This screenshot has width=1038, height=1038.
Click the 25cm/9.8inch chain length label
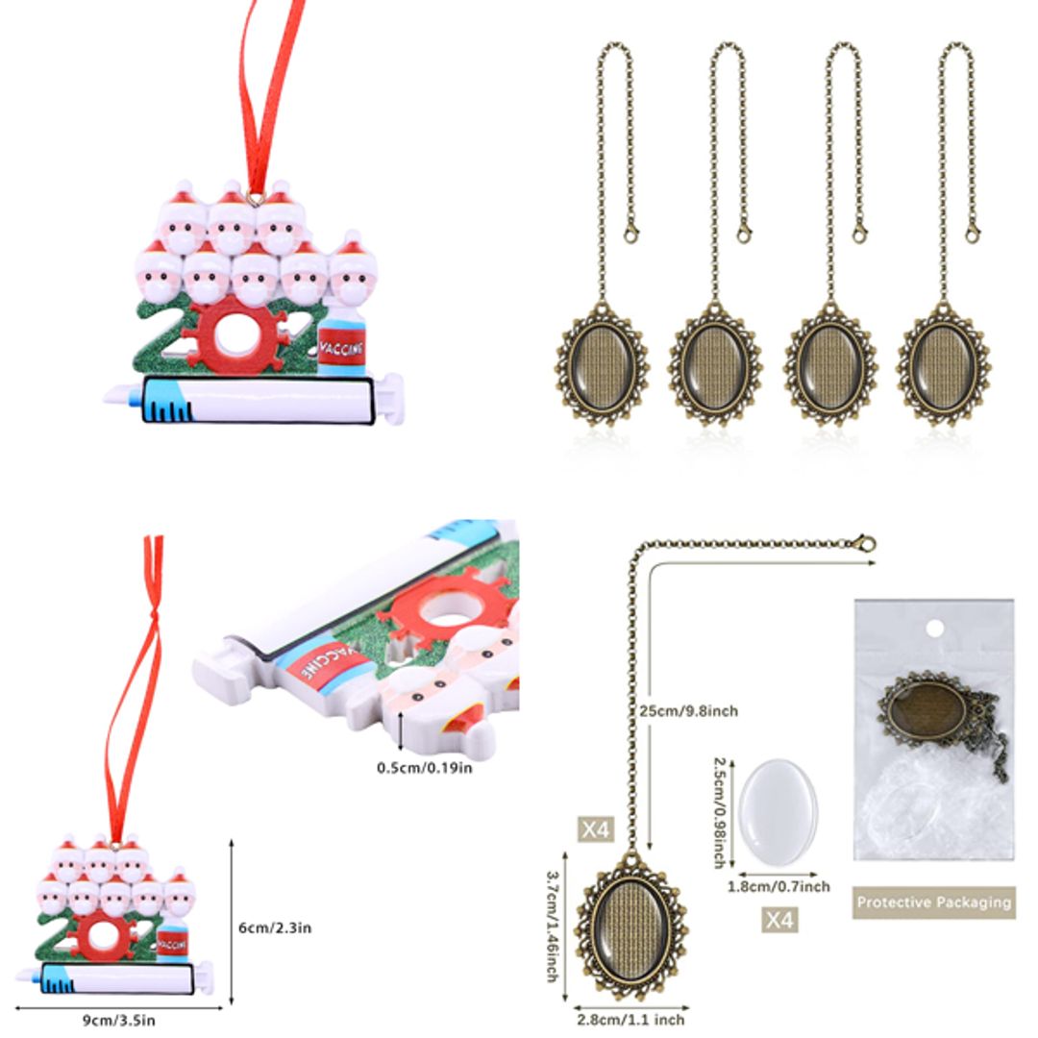tap(688, 710)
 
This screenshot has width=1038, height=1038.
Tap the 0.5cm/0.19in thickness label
tap(424, 767)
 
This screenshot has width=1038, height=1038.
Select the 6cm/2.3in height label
tap(275, 927)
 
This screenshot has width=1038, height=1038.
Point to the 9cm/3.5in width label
tap(119, 1020)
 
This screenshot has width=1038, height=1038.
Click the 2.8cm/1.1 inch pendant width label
tap(630, 1019)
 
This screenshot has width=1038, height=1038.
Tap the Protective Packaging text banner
tap(933, 902)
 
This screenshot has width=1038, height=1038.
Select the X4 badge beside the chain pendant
tap(596, 828)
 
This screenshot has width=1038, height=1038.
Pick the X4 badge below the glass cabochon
tap(779, 920)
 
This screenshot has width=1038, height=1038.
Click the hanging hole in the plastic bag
tap(930, 629)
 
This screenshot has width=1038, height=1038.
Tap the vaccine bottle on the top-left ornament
tap(341, 342)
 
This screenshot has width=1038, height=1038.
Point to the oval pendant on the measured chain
tap(631, 927)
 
